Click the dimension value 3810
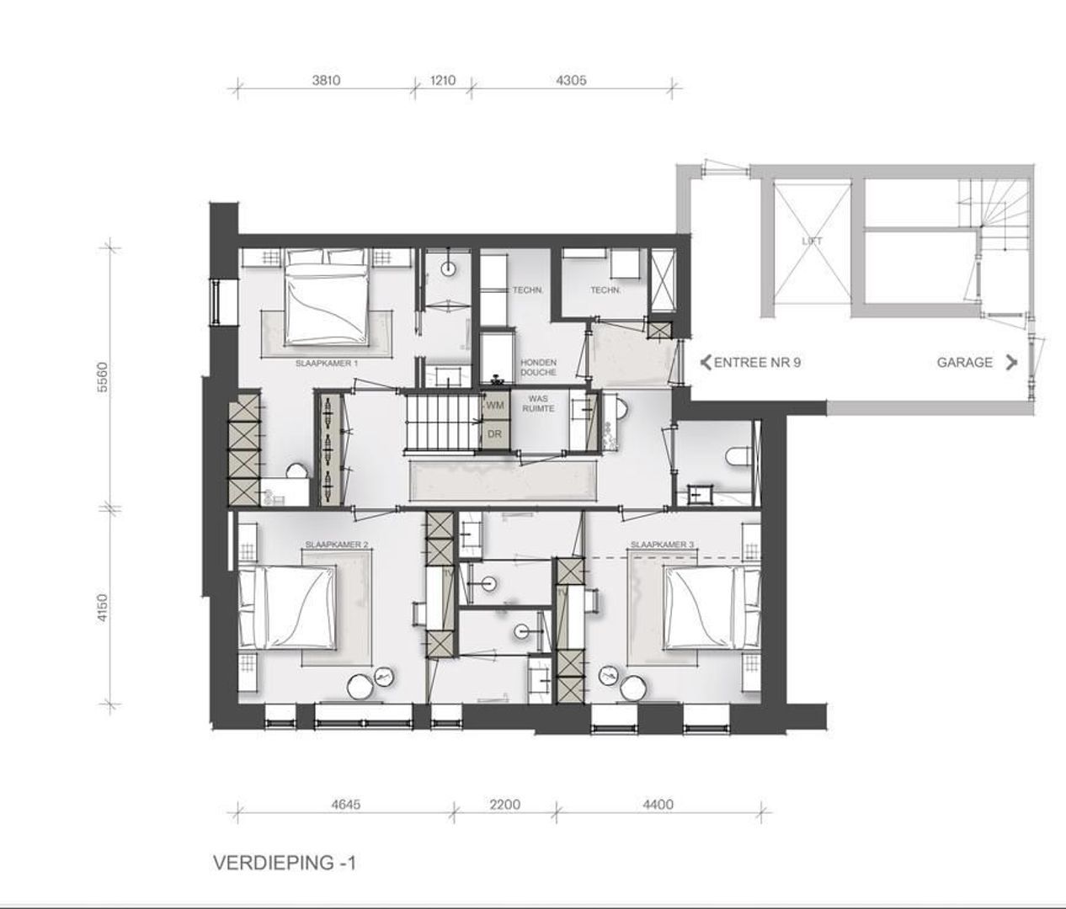click(x=327, y=81)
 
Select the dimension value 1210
click(x=443, y=81)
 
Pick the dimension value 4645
click(x=345, y=805)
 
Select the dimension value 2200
click(x=505, y=805)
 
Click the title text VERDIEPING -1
click(x=285, y=863)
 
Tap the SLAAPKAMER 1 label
click(x=327, y=364)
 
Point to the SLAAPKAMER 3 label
click(x=662, y=545)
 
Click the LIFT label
click(x=812, y=241)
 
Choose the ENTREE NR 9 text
click(x=756, y=363)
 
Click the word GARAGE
click(x=965, y=363)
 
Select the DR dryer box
click(x=495, y=434)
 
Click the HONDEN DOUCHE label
click(x=538, y=367)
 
